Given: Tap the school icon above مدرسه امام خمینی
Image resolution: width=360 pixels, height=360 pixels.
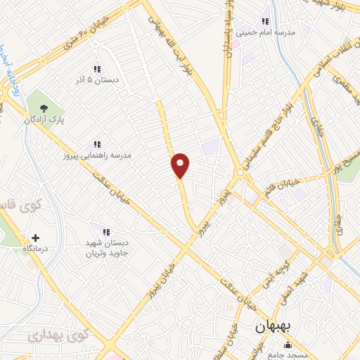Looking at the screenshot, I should coord(265,21).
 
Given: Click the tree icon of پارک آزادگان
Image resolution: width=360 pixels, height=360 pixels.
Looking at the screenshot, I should coord(44,108).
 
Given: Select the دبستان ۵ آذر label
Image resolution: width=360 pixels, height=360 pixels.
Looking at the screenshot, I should coord(98,80).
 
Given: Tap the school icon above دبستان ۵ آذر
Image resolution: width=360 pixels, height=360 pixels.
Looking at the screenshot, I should coord(97,69).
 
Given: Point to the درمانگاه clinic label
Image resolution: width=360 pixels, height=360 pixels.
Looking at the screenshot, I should coord(36,249).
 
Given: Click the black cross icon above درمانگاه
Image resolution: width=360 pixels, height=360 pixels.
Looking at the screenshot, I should coord(36,238).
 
